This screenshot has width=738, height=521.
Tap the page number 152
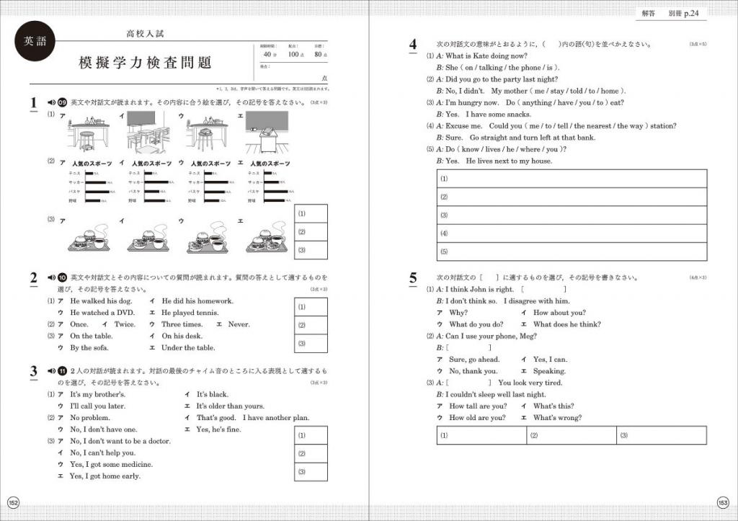[13, 502]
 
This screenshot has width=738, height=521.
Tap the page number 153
[724, 502]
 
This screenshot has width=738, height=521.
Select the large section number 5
[412, 277]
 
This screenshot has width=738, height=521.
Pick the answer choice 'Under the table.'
[188, 348]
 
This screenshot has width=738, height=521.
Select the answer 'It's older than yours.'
[230, 406]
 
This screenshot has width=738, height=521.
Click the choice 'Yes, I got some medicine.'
[111, 465]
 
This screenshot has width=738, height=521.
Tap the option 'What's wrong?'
[557, 418]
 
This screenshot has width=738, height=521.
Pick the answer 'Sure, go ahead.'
[474, 360]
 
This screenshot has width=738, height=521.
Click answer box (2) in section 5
[571, 435]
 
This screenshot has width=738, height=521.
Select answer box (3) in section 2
[312, 343]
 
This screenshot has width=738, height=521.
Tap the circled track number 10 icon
[62, 277]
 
